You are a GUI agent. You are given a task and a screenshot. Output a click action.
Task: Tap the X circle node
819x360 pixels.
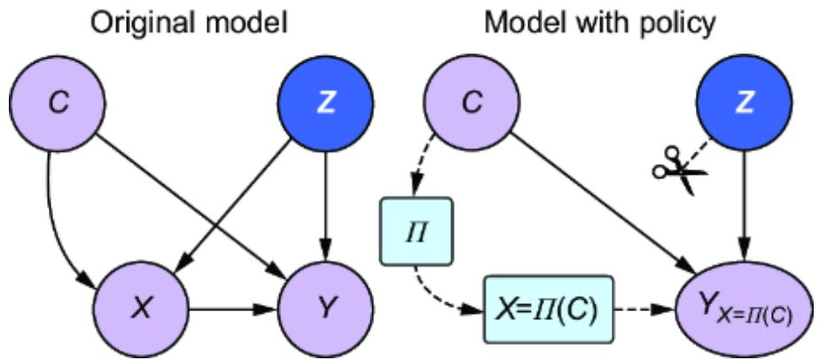pos(142,310)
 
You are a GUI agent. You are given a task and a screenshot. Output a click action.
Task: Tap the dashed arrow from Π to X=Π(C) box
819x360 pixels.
pos(434,297)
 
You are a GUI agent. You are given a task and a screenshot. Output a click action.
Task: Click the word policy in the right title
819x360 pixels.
pos(682,21)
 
